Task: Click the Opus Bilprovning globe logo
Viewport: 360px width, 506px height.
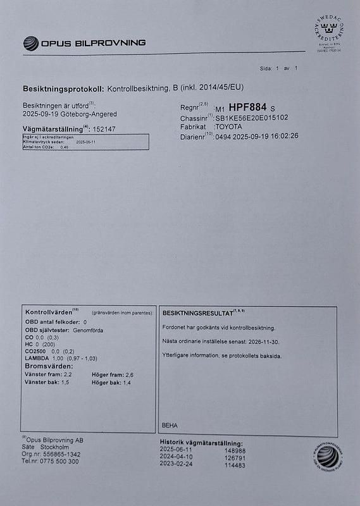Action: (30, 43)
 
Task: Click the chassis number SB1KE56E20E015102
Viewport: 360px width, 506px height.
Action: (251, 118)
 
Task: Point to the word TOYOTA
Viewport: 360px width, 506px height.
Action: (233, 126)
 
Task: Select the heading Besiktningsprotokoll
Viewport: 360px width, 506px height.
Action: (63, 87)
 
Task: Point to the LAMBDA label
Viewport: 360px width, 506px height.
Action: (37, 359)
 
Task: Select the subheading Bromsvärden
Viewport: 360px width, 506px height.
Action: (47, 367)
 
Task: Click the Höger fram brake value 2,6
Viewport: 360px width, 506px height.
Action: (129, 375)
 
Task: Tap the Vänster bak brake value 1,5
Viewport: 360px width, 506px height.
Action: (65, 383)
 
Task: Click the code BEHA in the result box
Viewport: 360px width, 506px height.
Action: (170, 425)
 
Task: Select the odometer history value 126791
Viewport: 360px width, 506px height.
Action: (235, 457)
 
